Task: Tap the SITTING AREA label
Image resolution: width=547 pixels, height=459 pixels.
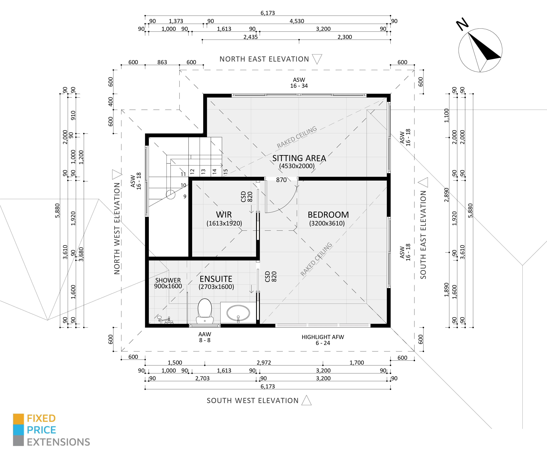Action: tap(299, 158)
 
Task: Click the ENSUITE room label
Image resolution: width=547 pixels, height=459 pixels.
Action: tap(216, 279)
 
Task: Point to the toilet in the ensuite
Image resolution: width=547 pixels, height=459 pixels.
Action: tap(205, 311)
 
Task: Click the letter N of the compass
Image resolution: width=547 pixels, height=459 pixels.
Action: tap(462, 24)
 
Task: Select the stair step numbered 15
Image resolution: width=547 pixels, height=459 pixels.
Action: tap(226, 171)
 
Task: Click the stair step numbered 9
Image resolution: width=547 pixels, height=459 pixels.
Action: tap(185, 197)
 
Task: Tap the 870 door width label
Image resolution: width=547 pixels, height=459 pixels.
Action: tap(281, 180)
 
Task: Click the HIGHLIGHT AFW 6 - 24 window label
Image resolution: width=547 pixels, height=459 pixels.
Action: tap(323, 340)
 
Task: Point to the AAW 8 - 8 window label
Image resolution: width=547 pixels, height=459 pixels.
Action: tap(205, 337)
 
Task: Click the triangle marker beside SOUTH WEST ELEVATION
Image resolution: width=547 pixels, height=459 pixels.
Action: tap(307, 401)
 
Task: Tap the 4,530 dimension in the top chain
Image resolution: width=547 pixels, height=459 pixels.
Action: tap(297, 21)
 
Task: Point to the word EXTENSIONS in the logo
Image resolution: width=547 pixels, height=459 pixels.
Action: tap(58, 442)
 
